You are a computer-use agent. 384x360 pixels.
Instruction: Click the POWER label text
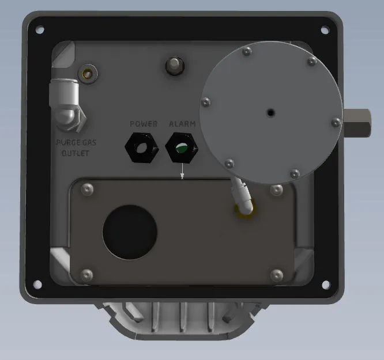click(x=144, y=124)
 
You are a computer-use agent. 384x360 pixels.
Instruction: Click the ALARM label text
click(x=182, y=124)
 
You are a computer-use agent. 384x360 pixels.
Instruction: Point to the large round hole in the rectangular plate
click(x=130, y=231)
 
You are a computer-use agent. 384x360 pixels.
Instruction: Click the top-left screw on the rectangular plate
click(x=87, y=190)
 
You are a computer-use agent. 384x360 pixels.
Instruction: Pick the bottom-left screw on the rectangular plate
click(x=87, y=274)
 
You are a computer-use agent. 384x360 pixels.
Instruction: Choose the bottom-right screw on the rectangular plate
click(x=277, y=274)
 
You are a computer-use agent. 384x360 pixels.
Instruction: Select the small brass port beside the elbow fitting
click(x=88, y=73)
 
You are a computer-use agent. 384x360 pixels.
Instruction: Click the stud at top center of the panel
click(x=173, y=65)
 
